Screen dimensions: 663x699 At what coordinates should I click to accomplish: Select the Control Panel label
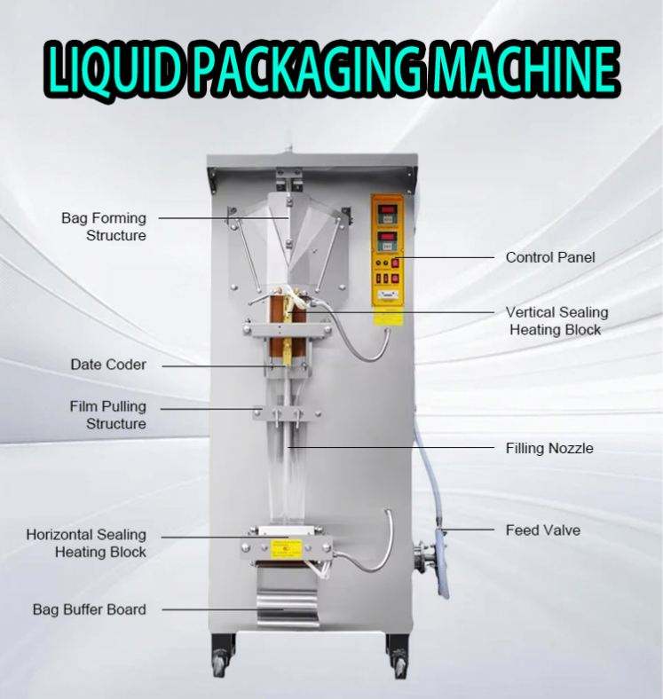tap(550, 257)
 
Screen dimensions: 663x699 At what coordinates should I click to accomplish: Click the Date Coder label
tap(108, 365)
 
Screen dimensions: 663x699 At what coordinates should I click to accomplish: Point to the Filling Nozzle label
tap(549, 448)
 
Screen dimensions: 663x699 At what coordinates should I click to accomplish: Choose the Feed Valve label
tap(543, 530)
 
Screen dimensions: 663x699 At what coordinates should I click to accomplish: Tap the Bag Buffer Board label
tap(90, 609)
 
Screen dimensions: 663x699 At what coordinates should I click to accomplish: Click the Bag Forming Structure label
tap(104, 226)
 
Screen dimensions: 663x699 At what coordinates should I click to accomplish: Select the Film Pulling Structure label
tap(108, 414)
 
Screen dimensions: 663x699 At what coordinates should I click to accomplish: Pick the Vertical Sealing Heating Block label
tap(556, 321)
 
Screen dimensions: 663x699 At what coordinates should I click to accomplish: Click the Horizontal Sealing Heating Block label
tap(86, 543)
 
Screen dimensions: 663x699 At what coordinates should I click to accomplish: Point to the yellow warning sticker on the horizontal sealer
tap(287, 548)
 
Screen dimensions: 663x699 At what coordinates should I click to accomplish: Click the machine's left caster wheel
tap(220, 665)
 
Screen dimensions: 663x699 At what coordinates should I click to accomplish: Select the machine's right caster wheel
tap(399, 665)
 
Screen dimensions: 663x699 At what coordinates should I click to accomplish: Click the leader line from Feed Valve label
tap(468, 530)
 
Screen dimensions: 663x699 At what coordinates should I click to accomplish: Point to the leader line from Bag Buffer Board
tap(222, 609)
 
